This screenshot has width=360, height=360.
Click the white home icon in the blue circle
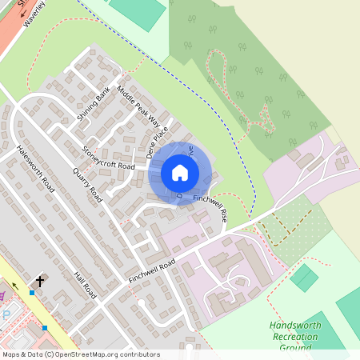pos(179,173)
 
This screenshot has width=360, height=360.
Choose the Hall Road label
pos(85,285)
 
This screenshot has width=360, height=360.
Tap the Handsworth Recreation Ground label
pos(294,337)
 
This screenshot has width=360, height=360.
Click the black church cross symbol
pos(41,282)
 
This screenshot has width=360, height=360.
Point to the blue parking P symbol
pos(7,314)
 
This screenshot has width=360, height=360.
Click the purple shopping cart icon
pos(2,296)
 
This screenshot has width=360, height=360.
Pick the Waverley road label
pos(34,14)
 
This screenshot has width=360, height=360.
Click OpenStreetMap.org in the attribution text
pos(104,354)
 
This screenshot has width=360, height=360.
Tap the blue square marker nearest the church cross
pos(32,293)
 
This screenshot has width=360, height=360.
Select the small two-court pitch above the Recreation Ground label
pos(304,278)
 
